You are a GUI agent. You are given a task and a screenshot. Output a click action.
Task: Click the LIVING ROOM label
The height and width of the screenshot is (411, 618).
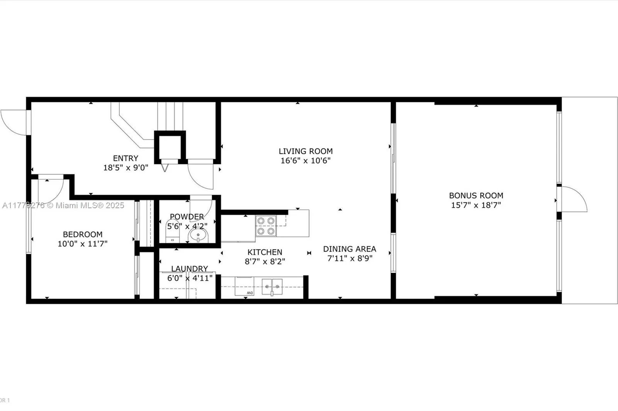coord(306,151)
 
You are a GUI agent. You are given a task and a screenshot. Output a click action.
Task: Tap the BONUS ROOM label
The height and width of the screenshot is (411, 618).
coord(476,195)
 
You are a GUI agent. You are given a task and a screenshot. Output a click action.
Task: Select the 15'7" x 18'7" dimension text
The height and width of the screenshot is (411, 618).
coord(476,205)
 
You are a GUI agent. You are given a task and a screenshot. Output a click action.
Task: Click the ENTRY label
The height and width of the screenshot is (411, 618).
coord(126,158)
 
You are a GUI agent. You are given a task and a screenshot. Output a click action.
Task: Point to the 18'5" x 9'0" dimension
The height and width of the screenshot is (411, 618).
coord(126,168)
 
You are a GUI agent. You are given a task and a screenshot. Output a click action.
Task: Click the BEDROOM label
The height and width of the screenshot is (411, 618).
coord(83,234)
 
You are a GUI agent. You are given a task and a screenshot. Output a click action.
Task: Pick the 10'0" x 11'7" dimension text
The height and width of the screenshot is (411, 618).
coord(83,244)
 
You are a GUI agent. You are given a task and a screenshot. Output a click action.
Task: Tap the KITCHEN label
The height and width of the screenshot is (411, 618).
coord(265,252)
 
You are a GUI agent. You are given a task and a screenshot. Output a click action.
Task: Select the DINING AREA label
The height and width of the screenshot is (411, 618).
coord(350,249)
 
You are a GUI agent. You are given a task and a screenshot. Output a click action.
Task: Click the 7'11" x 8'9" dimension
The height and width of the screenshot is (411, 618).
coord(350,258)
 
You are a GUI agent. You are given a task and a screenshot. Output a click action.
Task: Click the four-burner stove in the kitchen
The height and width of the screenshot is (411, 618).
coord(266,226)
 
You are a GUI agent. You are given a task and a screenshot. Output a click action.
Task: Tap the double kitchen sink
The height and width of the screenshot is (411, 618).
coord(272,287)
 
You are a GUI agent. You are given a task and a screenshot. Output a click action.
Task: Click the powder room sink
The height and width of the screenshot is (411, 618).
coord(198,236)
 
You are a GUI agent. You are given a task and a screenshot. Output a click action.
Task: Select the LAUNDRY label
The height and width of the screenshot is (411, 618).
coord(189,269)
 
